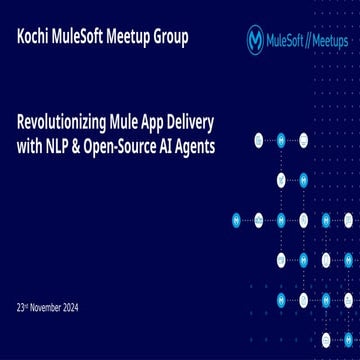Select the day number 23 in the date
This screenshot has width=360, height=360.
[x=22, y=308]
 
